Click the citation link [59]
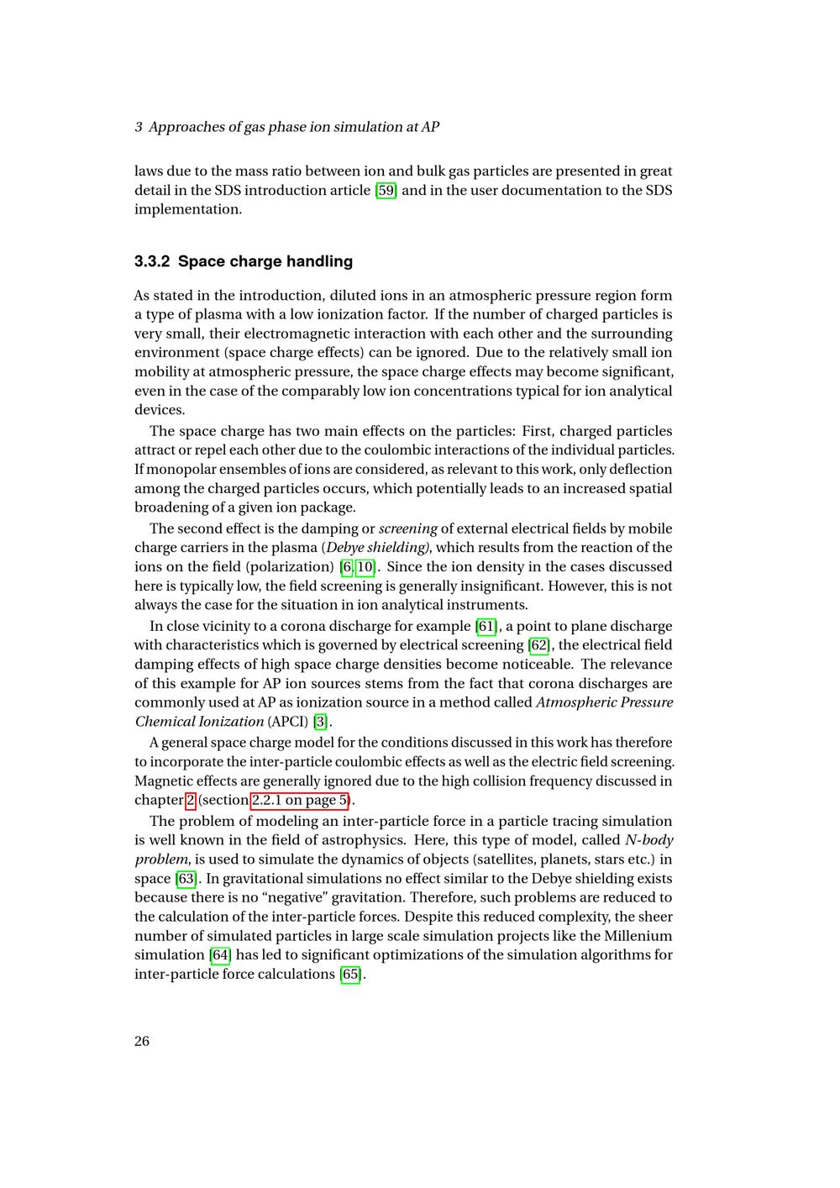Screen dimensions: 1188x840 point(386,190)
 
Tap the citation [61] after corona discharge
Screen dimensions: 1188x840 point(486,626)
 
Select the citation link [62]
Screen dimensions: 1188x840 point(538,645)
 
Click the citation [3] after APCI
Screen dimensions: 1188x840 point(321,722)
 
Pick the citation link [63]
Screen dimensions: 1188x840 point(186,879)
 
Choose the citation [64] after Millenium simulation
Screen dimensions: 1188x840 point(219,955)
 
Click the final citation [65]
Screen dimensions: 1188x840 point(351,975)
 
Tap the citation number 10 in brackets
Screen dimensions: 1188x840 point(365,567)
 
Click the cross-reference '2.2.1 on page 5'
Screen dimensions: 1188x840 point(300,801)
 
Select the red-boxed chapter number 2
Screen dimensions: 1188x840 point(191,801)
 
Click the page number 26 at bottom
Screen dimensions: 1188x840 point(142,1042)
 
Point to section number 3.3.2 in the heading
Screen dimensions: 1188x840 point(152,261)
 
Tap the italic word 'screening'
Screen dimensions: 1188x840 point(408,528)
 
